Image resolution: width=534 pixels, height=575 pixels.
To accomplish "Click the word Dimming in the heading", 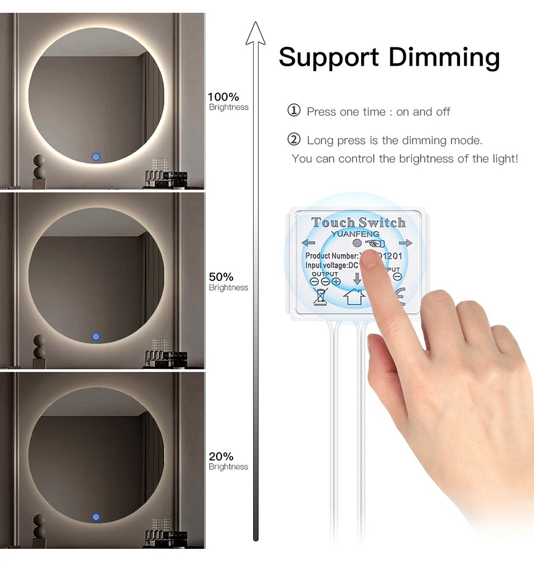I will (444, 57).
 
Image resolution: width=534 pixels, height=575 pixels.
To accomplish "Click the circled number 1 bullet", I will (294, 111).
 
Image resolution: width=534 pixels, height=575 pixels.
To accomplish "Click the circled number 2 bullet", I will (294, 139).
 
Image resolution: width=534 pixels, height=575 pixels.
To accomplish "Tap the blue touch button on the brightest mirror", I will (96, 157).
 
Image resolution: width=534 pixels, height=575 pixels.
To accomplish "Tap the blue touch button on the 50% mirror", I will (96, 336).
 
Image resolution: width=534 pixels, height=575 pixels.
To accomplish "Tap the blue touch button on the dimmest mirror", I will (96, 517).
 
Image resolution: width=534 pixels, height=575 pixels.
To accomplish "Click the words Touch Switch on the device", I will (358, 223).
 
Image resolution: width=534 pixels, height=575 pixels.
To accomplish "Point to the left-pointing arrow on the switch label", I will (308, 242).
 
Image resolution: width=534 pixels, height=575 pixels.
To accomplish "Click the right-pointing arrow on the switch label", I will (406, 243).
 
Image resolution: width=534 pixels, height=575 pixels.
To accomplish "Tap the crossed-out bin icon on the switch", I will (321, 297).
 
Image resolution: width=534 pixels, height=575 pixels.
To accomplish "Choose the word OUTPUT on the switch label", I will (325, 274).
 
